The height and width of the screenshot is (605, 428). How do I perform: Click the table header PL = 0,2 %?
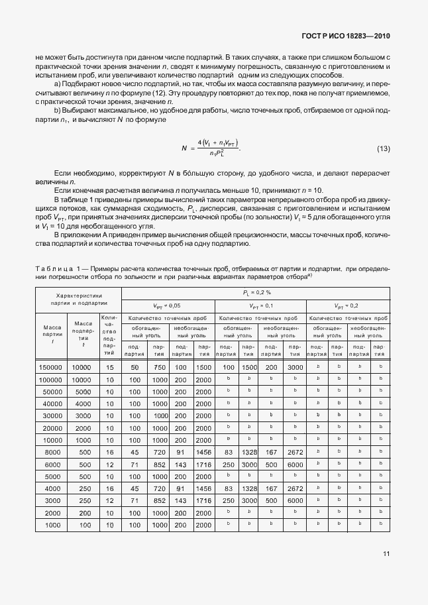(256, 292)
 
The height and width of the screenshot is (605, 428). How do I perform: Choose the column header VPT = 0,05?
(167, 305)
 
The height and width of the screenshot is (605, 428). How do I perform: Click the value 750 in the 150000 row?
(158, 367)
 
